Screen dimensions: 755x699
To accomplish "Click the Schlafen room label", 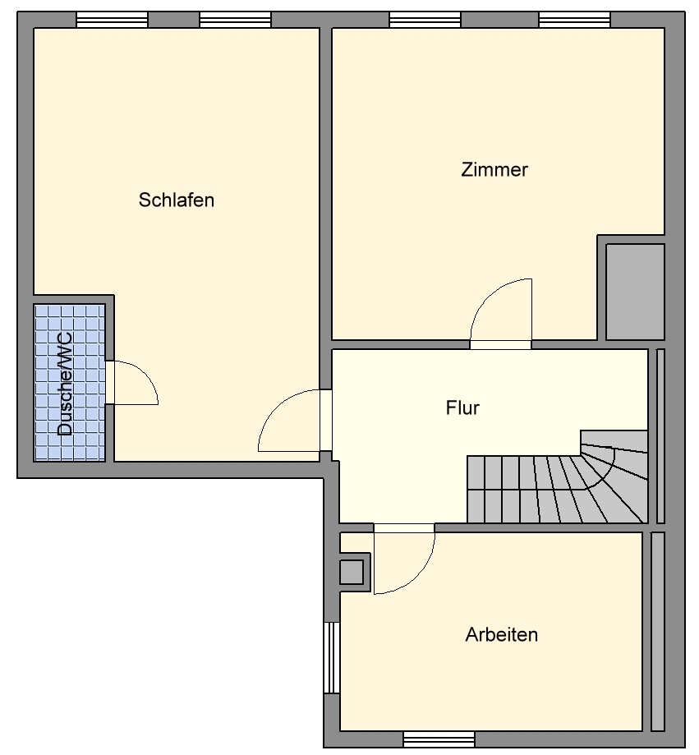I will pyautogui.click(x=177, y=200).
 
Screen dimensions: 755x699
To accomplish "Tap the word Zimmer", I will pyautogui.click(x=494, y=170).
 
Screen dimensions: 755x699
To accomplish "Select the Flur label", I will pyautogui.click(x=462, y=407).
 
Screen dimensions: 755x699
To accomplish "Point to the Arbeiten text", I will pyautogui.click(x=501, y=634).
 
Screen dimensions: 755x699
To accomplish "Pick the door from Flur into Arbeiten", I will pyautogui.click(x=402, y=559).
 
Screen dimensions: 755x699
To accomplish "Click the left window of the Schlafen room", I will pyautogui.click(x=112, y=20).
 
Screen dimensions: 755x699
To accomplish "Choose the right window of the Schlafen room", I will pyautogui.click(x=235, y=20).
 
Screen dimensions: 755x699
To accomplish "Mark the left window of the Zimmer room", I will pyautogui.click(x=425, y=20).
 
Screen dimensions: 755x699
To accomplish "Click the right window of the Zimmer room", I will pyautogui.click(x=574, y=20).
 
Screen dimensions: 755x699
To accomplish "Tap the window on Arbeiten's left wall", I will pyautogui.click(x=332, y=657).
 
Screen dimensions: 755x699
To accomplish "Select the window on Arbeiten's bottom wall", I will pyautogui.click(x=439, y=739).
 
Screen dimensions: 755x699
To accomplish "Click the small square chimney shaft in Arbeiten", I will pyautogui.click(x=352, y=571).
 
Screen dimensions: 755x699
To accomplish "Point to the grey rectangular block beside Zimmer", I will pyautogui.click(x=635, y=291).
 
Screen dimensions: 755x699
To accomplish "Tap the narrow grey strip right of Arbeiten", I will pyautogui.click(x=657, y=631).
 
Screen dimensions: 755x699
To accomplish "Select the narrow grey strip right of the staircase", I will pyautogui.click(x=661, y=435).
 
